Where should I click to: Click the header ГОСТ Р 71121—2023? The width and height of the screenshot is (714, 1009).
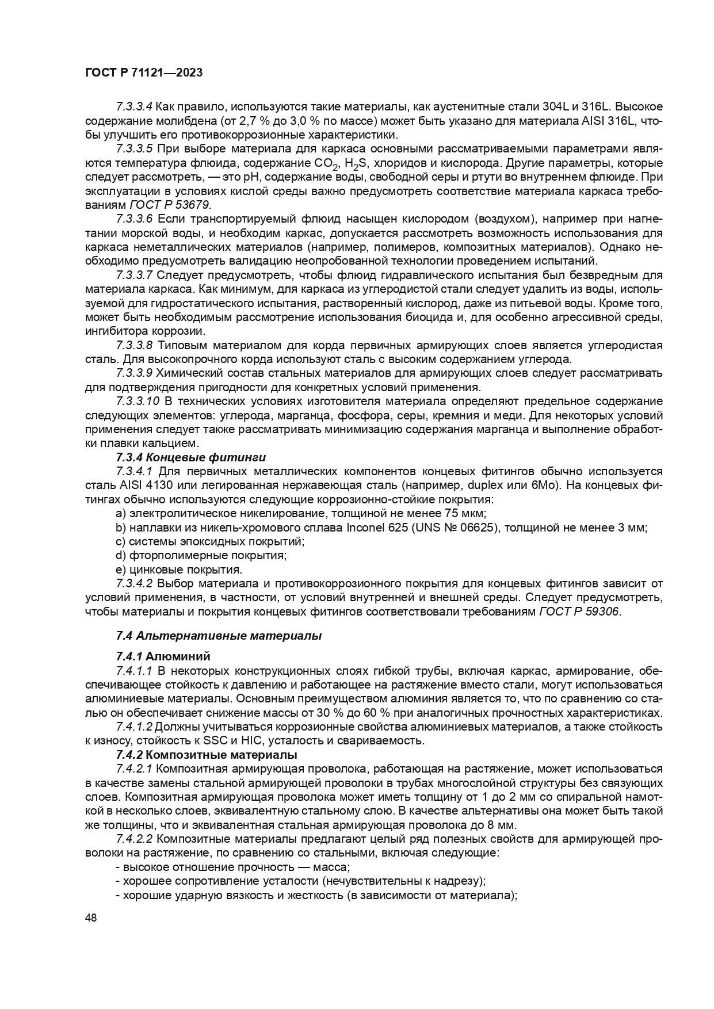click(x=144, y=73)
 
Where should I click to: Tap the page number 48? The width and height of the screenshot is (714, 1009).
click(x=91, y=918)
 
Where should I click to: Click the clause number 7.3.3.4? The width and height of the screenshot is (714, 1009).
click(x=134, y=107)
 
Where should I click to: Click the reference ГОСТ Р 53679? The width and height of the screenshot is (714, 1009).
click(x=170, y=205)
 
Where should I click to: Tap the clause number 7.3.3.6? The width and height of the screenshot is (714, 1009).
click(x=134, y=219)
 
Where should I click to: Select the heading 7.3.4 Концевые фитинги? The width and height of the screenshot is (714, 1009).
click(x=191, y=457)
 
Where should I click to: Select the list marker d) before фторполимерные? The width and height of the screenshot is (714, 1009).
click(x=120, y=556)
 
